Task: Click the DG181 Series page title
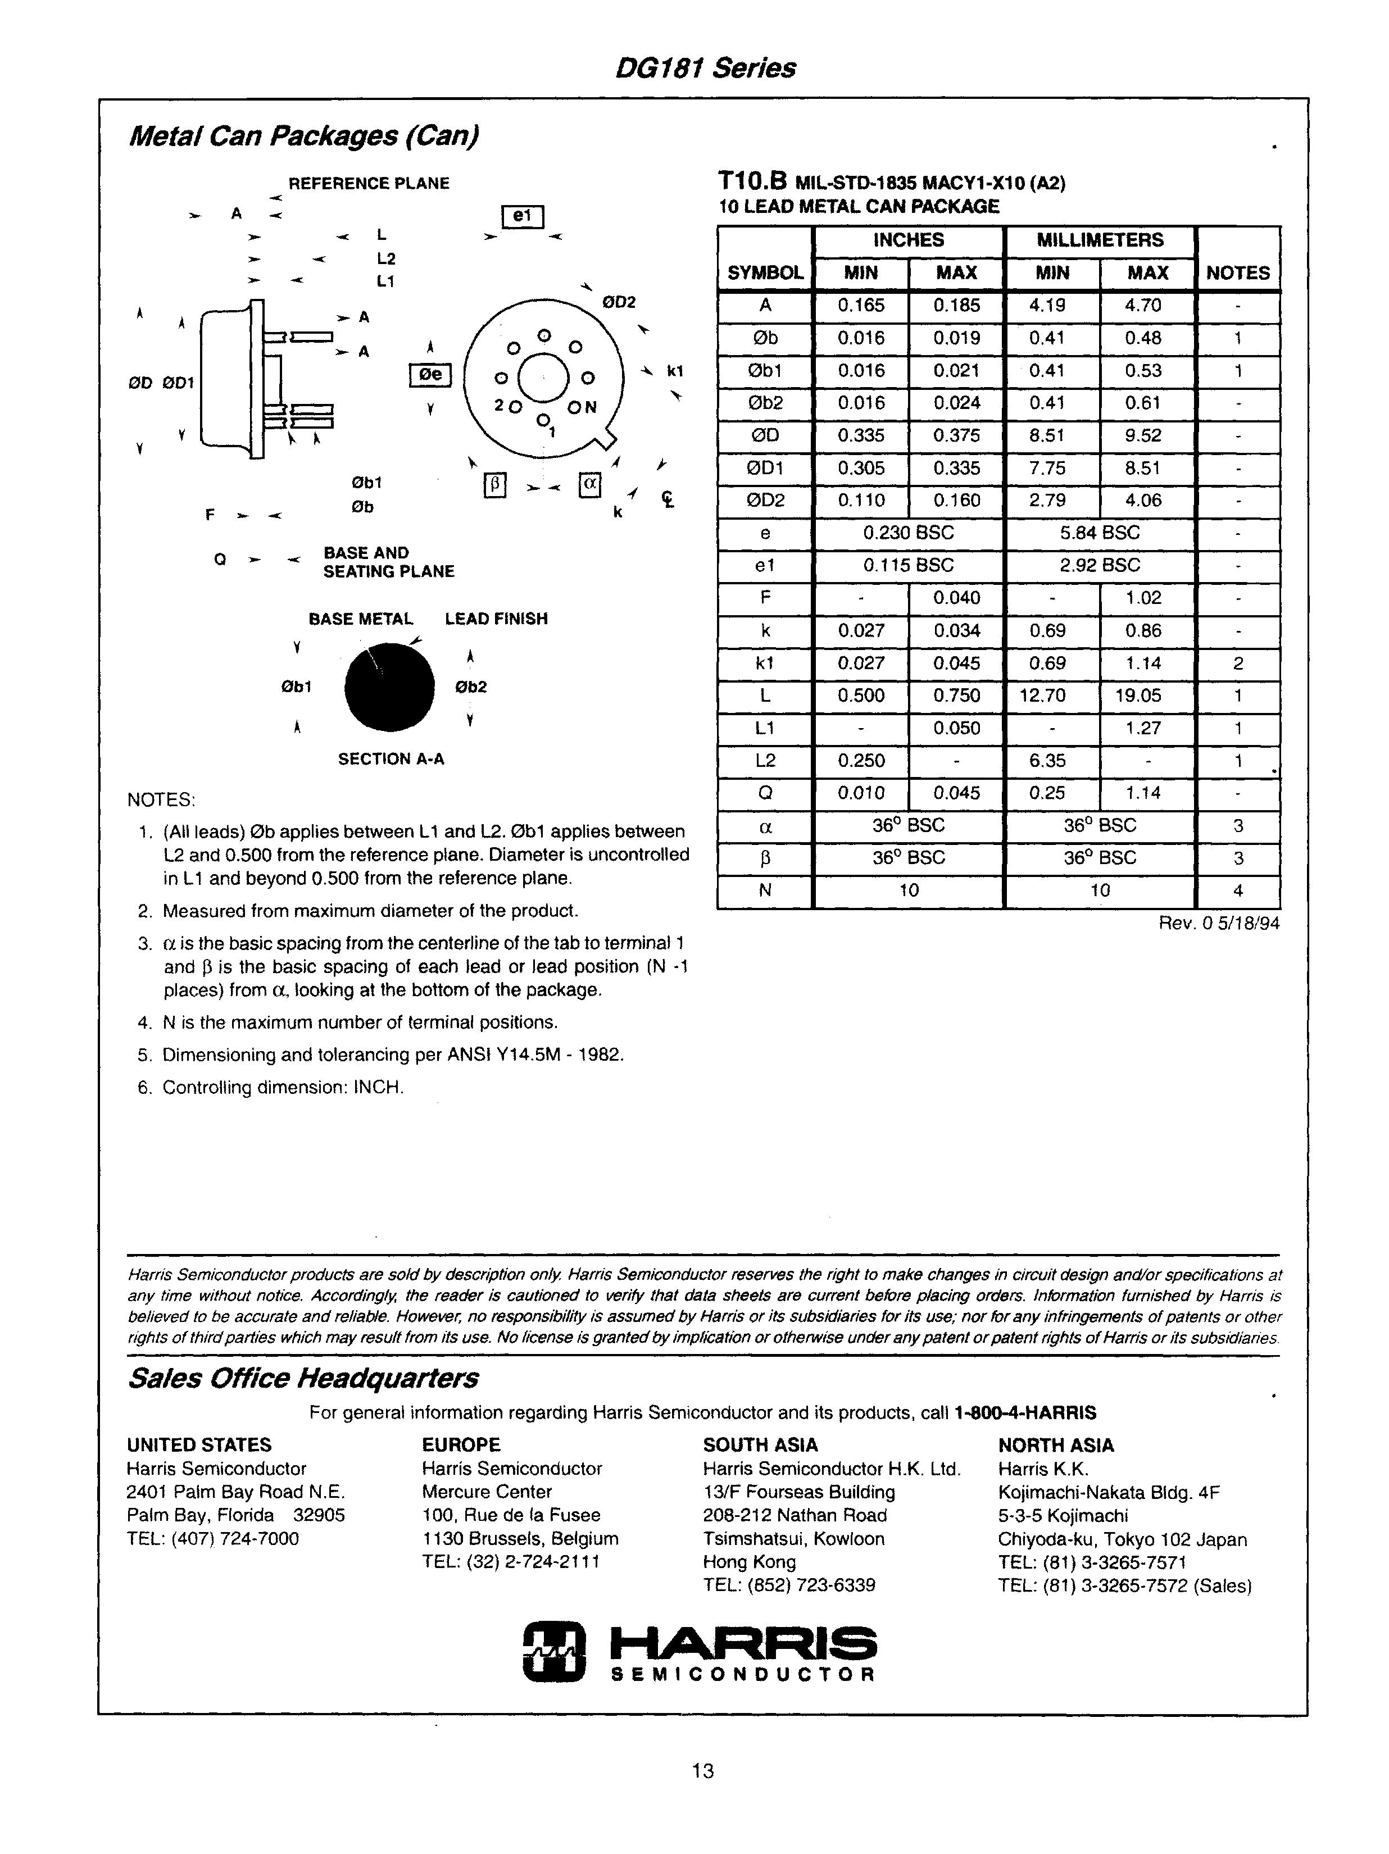[705, 68]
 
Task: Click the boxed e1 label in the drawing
[522, 217]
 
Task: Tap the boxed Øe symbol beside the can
[430, 375]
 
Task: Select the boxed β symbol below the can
[494, 486]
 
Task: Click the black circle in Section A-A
[390, 687]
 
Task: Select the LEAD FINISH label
[496, 619]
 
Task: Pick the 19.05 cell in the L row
[1147, 696]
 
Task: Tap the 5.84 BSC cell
[1099, 533]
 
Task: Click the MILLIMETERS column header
[1099, 240]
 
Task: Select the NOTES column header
[1237, 272]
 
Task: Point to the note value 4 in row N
[1238, 891]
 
